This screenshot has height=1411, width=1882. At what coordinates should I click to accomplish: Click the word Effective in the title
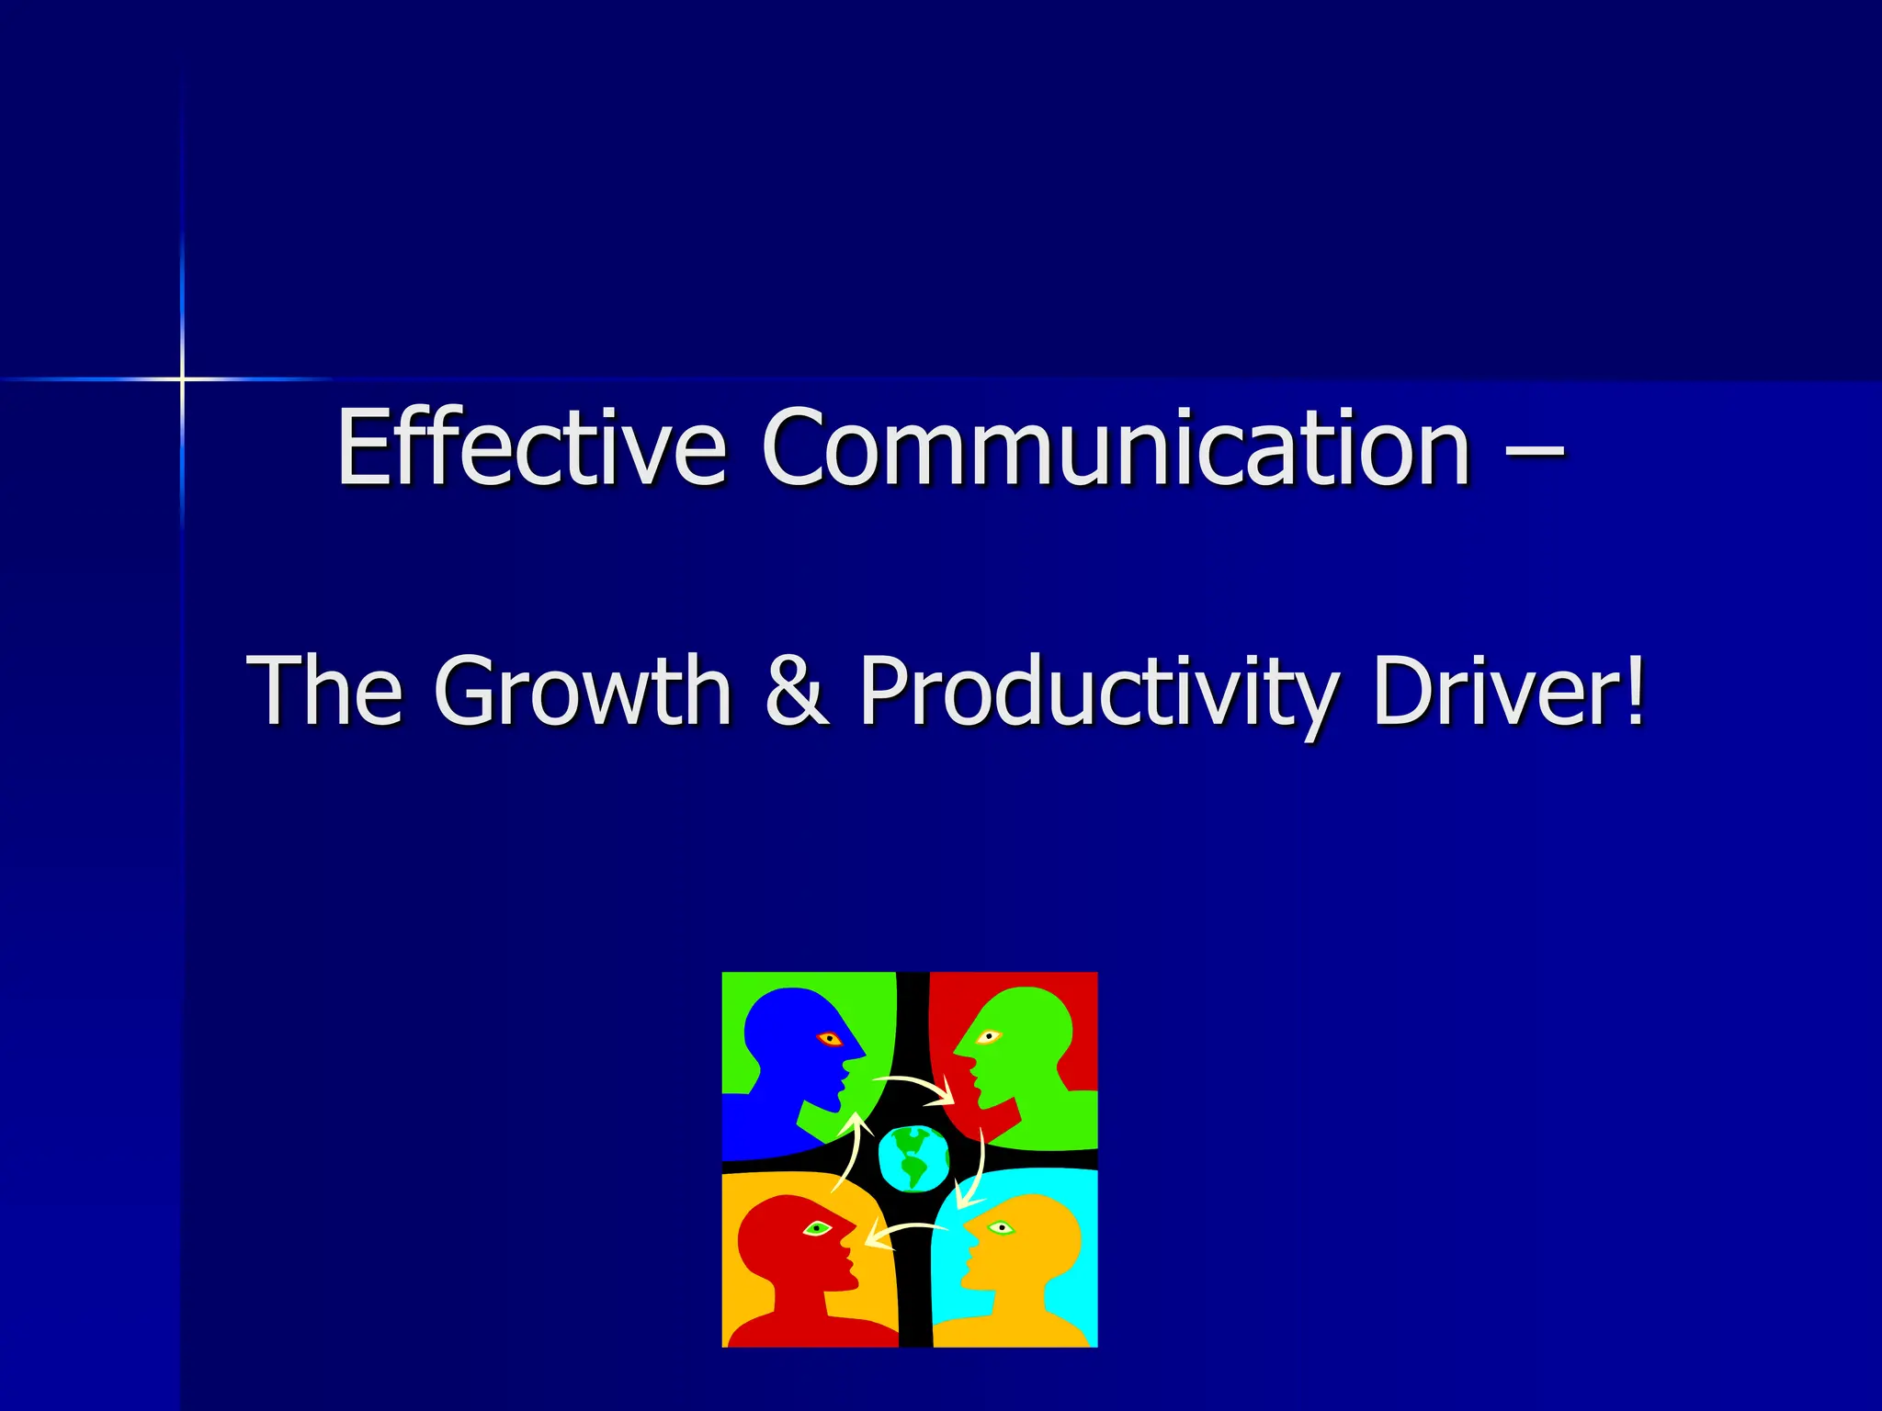pos(532,447)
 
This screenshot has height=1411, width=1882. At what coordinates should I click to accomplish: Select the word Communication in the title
pos(1116,447)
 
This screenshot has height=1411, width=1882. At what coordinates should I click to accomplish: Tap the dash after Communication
pos(1535,449)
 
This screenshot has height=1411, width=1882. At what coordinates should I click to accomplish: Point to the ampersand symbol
pos(797,690)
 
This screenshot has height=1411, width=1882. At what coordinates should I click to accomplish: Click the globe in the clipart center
pos(913,1157)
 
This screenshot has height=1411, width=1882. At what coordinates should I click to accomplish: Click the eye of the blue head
pos(830,1039)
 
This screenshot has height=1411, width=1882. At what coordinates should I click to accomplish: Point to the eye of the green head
pos(988,1037)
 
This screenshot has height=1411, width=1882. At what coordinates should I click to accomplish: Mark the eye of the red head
pos(817,1228)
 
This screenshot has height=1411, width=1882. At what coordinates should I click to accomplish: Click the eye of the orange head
pos(1001,1227)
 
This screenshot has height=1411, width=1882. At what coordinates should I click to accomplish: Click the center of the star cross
pos(182,378)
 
